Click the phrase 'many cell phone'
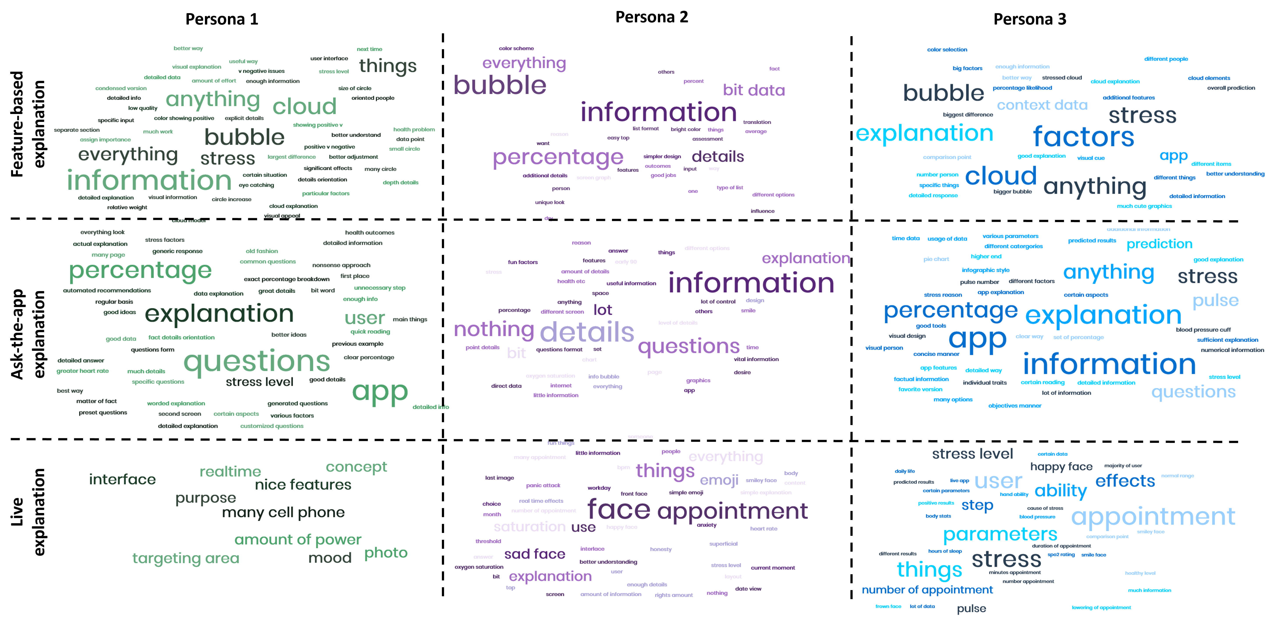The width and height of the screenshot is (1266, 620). tap(283, 512)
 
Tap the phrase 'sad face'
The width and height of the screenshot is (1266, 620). tap(535, 554)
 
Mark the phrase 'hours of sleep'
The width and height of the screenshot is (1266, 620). tap(945, 551)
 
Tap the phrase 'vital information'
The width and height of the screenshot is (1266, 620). tap(756, 359)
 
